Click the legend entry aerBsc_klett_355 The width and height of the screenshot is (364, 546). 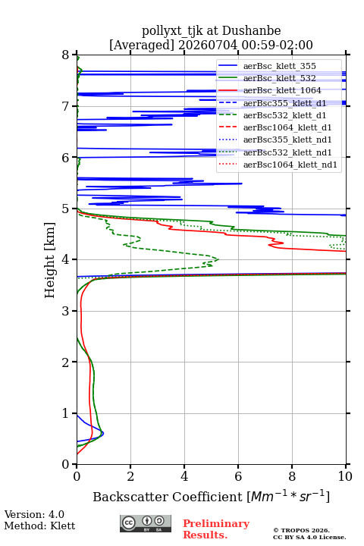click(279, 66)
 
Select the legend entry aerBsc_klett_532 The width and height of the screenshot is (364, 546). click(279, 78)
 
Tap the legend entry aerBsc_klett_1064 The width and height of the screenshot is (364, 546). click(282, 90)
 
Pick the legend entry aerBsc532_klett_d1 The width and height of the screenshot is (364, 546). click(284, 115)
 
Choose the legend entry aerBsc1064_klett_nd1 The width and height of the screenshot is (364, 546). click(290, 165)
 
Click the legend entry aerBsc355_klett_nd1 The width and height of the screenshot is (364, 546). click(287, 140)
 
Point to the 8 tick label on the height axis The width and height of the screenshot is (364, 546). click(66, 55)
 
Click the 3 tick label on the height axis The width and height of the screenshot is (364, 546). click(66, 311)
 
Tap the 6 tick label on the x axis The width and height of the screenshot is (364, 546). click(238, 476)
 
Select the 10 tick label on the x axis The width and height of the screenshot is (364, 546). click(346, 476)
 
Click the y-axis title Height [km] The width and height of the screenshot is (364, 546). click(50, 260)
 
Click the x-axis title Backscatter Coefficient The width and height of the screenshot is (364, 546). click(167, 497)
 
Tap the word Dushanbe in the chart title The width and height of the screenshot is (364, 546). click(251, 31)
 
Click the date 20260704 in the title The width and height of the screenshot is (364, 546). click(208, 45)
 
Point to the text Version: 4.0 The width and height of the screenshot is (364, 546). click(34, 514)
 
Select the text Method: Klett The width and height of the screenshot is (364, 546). click(39, 526)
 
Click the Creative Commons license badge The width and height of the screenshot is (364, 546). click(146, 523)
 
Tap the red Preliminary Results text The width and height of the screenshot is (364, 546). click(216, 529)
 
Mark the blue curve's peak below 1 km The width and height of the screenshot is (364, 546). click(104, 433)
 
